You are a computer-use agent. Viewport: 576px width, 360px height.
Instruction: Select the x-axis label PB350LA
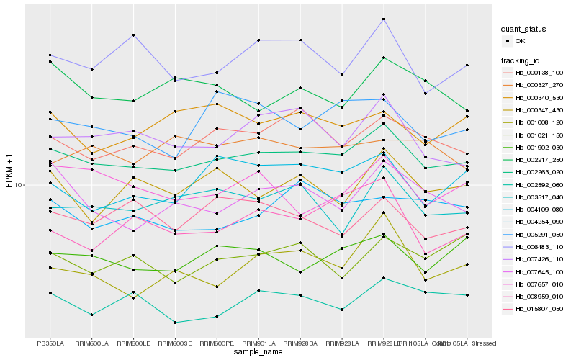[x=50, y=343]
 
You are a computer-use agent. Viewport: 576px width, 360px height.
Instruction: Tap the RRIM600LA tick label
[x=92, y=343]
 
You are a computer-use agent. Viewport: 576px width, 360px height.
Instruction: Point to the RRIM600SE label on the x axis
[x=175, y=343]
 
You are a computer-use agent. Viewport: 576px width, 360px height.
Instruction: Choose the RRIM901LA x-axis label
[x=258, y=343]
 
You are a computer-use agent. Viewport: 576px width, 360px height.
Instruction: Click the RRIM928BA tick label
[x=300, y=343]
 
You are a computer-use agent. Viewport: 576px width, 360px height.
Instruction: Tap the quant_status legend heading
[x=523, y=30]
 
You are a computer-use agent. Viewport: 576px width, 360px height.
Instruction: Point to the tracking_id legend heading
[x=522, y=60]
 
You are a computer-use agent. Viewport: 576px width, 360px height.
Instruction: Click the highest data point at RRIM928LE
[x=384, y=19]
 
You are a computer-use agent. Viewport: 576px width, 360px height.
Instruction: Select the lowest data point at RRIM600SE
[x=175, y=322]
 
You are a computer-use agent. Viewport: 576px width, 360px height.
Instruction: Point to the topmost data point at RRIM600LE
[x=134, y=35]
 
